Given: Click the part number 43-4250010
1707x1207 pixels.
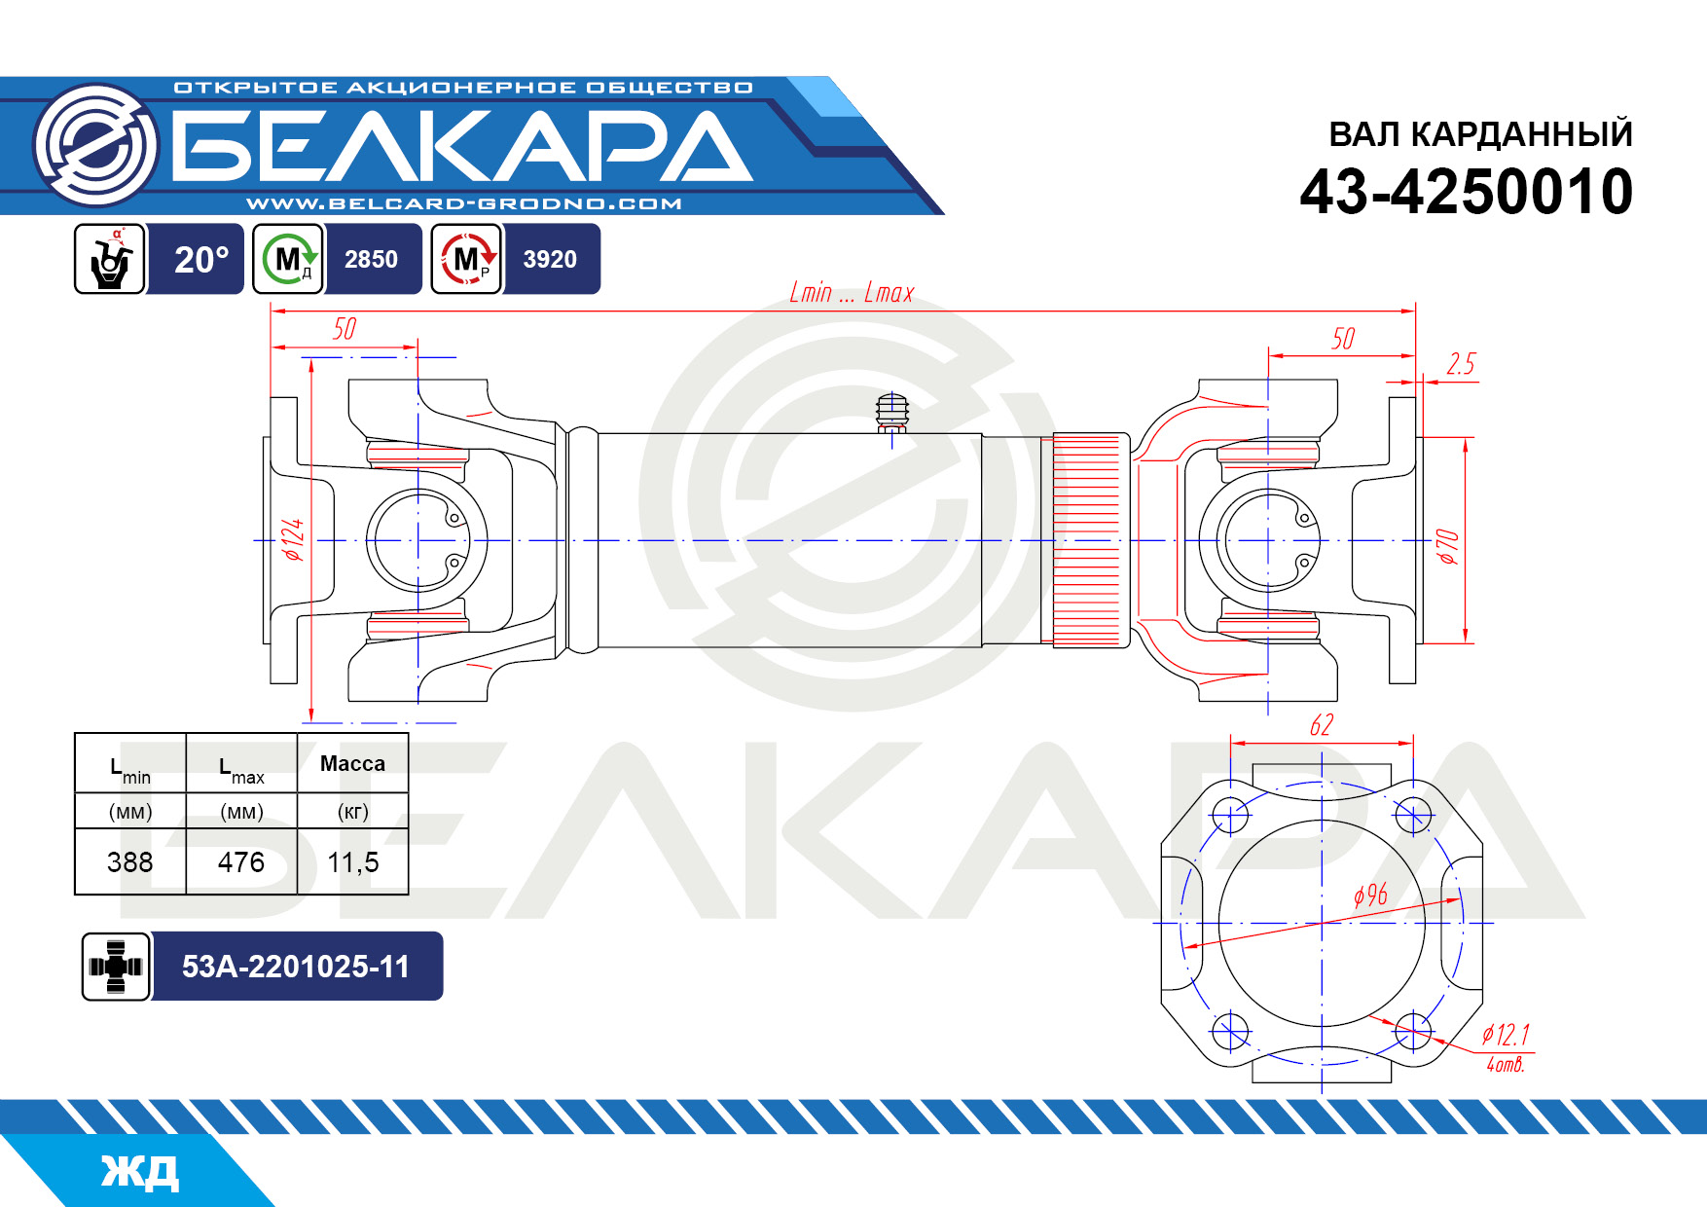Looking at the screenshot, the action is [x=1466, y=192].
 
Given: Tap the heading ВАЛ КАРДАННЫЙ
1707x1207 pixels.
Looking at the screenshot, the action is [x=1480, y=134].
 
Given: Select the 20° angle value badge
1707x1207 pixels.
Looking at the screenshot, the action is [x=201, y=259].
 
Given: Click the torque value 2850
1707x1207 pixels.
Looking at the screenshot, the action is [x=371, y=259].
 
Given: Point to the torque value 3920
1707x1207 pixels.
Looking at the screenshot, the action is [x=550, y=259].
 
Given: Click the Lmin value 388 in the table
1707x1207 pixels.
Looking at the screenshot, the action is [x=130, y=861].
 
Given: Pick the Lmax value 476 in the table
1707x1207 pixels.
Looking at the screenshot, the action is [x=241, y=861].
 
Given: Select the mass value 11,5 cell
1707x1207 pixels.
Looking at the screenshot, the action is [x=352, y=862].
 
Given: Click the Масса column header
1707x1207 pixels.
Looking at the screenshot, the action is [x=352, y=763].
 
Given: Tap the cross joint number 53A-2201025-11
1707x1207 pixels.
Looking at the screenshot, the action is [x=296, y=966].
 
